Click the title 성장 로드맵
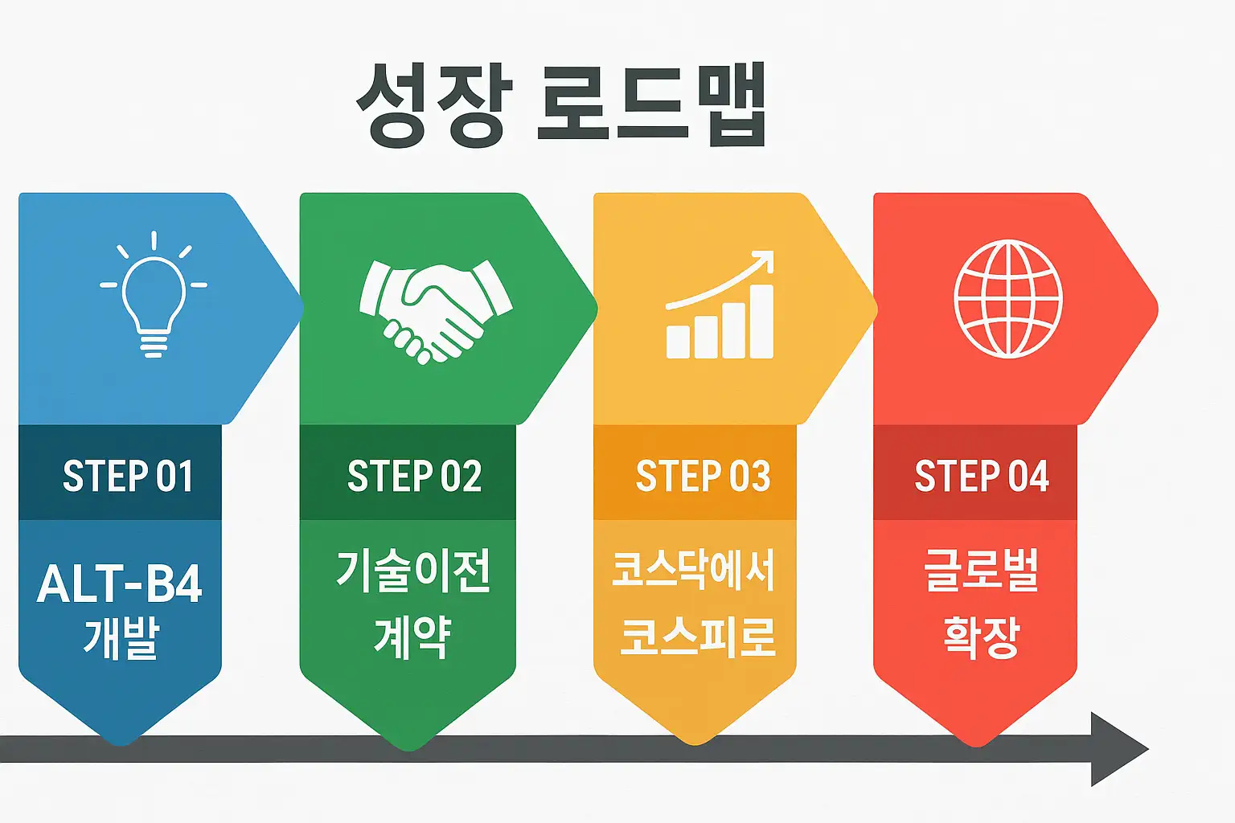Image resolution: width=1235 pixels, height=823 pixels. [561, 105]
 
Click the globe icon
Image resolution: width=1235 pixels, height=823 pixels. [1008, 298]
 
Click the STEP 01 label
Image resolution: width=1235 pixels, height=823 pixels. [128, 476]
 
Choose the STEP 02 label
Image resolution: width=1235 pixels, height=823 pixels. [414, 476]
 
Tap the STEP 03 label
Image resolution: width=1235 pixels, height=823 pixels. [703, 476]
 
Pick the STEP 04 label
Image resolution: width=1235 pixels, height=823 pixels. [982, 476]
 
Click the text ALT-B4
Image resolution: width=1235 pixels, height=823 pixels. [120, 583]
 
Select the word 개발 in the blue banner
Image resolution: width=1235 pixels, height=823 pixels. [121, 639]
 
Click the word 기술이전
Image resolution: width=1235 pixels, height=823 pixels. [413, 571]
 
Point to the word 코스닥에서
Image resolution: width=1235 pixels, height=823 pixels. [693, 571]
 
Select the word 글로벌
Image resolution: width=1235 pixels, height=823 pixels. [982, 571]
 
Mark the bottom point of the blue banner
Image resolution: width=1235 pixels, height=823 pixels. [121, 741]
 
